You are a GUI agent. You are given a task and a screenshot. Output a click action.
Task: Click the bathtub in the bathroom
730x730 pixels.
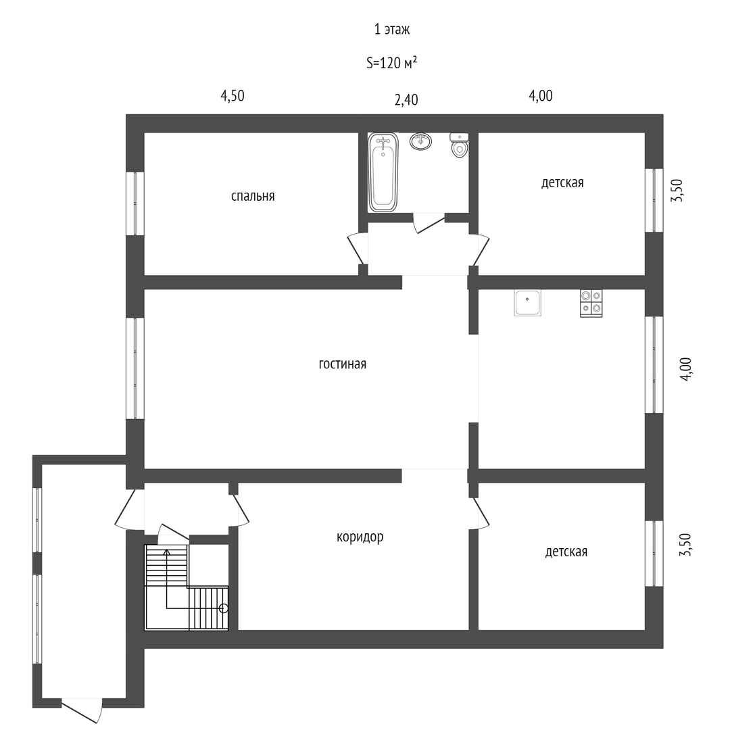(x=383, y=172)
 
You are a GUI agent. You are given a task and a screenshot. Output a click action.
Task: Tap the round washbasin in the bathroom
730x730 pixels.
(x=421, y=141)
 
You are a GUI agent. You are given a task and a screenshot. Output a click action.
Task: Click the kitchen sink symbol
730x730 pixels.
(x=527, y=303)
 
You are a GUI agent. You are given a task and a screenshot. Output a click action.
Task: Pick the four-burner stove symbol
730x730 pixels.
(x=591, y=303)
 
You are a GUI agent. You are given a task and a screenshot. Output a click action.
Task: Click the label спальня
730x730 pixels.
(x=253, y=197)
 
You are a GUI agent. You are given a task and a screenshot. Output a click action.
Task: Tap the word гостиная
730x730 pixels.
(x=342, y=364)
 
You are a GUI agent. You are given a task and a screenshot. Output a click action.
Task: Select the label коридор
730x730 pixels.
(x=360, y=537)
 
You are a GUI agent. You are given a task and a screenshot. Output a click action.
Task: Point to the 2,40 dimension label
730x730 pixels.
(x=406, y=100)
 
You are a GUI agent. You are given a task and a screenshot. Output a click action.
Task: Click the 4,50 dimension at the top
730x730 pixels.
(x=233, y=96)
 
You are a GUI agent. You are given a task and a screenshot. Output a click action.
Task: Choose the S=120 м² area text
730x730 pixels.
(x=391, y=62)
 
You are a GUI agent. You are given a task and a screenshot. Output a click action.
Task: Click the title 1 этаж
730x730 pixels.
(x=392, y=30)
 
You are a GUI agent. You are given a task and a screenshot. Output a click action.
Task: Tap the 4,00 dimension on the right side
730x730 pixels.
(x=687, y=369)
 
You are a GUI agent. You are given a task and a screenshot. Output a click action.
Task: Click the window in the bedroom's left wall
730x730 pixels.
(x=135, y=203)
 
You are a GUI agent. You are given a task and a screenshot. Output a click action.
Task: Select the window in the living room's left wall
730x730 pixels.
(x=135, y=368)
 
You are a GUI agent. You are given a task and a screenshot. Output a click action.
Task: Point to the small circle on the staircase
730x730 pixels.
(x=224, y=608)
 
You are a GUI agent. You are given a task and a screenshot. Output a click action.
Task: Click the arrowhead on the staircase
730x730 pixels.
(x=167, y=552)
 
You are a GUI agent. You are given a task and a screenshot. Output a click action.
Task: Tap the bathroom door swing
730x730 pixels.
(x=429, y=222)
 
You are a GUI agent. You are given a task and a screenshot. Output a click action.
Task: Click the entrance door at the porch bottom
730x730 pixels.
(x=82, y=710)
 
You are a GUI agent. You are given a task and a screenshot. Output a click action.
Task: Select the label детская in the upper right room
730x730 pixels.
(x=562, y=182)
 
